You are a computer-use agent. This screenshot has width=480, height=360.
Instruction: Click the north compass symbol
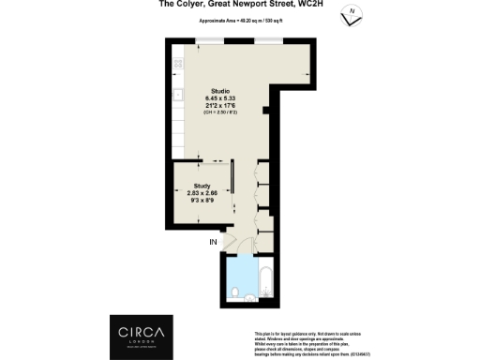point(351,16)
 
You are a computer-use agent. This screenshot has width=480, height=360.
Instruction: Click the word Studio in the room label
point(220,91)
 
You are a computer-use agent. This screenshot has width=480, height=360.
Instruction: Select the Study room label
point(202,186)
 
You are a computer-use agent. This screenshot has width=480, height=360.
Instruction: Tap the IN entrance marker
point(212,243)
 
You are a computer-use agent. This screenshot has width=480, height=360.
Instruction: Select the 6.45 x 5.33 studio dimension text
point(220,98)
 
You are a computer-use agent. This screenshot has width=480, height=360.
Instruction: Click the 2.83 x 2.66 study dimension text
point(202,193)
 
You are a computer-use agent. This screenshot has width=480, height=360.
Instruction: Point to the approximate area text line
point(239,18)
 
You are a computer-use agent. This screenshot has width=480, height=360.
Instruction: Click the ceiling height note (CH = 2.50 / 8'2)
point(220,113)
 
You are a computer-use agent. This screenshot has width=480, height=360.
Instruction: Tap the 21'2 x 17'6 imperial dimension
point(220,106)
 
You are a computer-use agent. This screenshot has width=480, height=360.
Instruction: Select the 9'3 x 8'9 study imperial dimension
point(202,201)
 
